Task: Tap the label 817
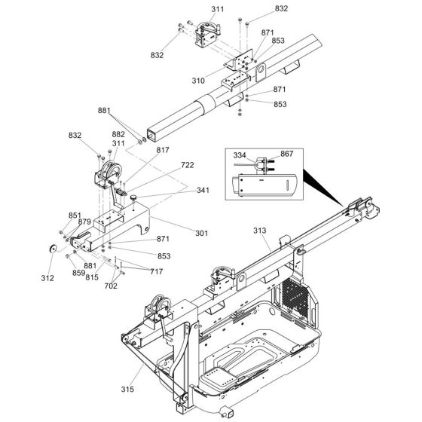pyautogui.click(x=164, y=149)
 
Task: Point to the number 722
pyautogui.click(x=188, y=165)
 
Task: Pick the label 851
pyautogui.click(x=74, y=215)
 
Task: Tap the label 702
pyautogui.click(x=110, y=287)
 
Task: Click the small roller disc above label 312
pyautogui.click(x=52, y=249)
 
